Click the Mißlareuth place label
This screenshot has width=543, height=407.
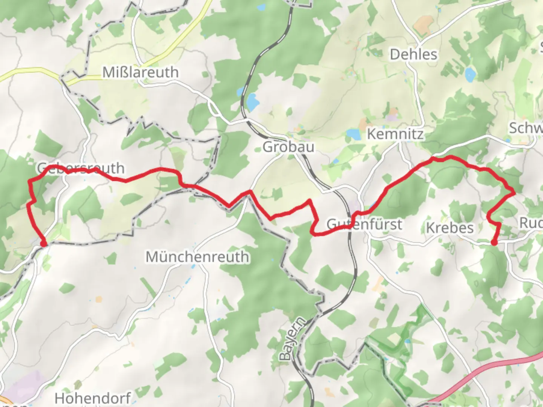point(140,72)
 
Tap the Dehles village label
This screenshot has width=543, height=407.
point(413,54)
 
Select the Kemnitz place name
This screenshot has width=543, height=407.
point(395,134)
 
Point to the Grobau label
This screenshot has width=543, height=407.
point(288,147)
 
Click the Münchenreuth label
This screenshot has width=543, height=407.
point(197,257)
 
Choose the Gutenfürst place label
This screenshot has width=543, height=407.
point(364,224)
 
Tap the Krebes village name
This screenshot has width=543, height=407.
point(449,228)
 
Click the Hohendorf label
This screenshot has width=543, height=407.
point(93,398)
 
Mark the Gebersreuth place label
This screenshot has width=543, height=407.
point(81,168)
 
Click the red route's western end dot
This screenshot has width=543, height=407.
point(44,244)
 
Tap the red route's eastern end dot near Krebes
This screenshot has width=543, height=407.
point(494,242)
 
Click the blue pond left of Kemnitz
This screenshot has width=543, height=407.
point(354,134)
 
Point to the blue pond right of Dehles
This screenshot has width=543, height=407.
point(470,74)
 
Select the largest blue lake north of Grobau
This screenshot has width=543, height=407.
point(252,101)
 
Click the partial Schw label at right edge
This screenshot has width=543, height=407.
point(526,128)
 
